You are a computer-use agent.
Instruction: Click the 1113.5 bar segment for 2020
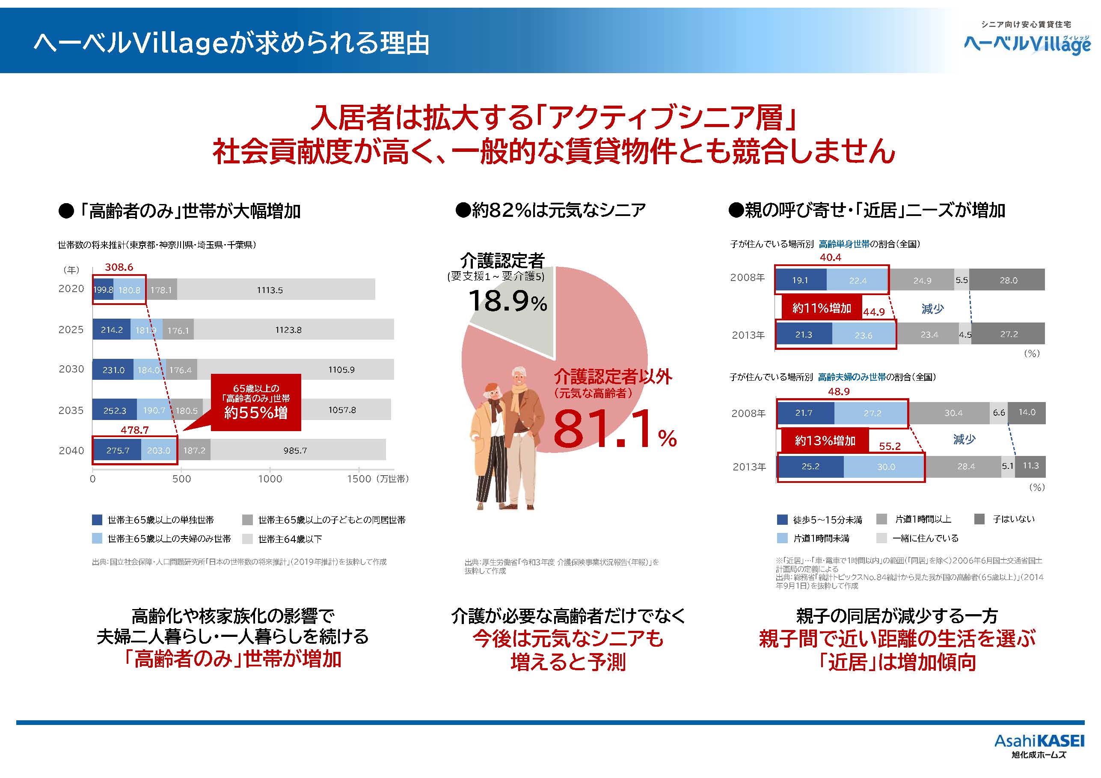276,290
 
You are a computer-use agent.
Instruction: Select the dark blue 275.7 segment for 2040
118,450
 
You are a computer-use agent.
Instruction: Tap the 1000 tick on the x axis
270,479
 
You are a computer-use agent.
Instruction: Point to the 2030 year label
71,369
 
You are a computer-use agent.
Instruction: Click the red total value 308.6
119,267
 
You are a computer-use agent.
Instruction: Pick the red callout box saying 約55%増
256,402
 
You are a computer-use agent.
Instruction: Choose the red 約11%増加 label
822,308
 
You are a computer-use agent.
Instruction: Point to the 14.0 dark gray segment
1026,412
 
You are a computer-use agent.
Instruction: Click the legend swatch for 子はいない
979,519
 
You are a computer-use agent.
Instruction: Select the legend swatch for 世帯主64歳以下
247,539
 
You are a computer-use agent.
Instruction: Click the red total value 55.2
890,446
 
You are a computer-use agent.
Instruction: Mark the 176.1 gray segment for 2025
178,330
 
